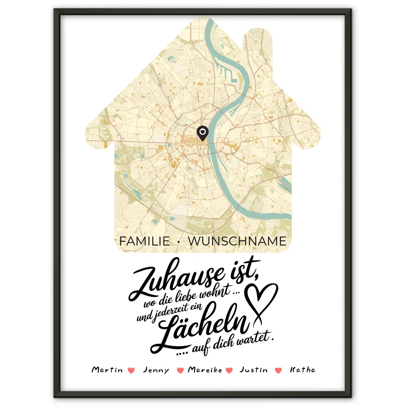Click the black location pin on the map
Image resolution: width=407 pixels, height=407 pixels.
click(203, 133)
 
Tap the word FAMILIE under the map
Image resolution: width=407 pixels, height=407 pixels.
click(144, 241)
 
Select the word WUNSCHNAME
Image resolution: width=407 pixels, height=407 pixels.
click(237, 241)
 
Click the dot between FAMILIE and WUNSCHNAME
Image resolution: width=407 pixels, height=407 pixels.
click(178, 242)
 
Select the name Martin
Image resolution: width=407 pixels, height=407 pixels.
click(107, 370)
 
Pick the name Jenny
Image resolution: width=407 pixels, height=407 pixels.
click(156, 370)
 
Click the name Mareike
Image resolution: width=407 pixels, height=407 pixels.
click(205, 370)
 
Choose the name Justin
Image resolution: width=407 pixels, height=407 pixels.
click(254, 370)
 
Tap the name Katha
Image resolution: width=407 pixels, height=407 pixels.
click(302, 370)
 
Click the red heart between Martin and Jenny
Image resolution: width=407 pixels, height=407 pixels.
click(131, 371)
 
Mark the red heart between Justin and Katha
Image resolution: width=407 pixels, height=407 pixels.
click(278, 371)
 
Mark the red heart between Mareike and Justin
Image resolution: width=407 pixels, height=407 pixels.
click(229, 371)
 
